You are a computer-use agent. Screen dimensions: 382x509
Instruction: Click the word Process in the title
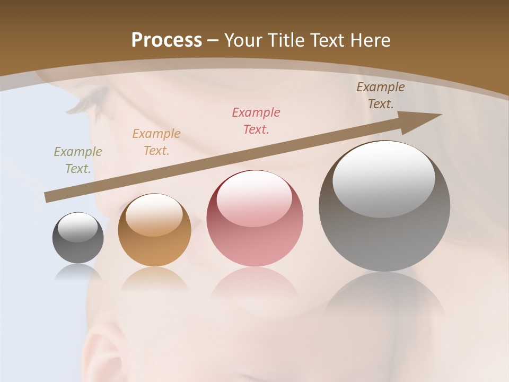click(x=166, y=40)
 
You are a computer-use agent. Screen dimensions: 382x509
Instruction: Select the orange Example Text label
click(x=156, y=142)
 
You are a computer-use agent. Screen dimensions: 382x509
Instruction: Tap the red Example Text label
click(x=256, y=121)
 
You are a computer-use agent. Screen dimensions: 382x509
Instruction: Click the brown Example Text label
click(x=381, y=95)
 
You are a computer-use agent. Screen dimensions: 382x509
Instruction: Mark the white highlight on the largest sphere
click(x=384, y=178)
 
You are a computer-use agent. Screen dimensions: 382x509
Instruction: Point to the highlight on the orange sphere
click(x=154, y=214)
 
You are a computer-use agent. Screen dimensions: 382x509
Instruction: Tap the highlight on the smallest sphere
click(x=78, y=227)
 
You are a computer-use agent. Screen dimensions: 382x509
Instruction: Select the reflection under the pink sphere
click(x=254, y=284)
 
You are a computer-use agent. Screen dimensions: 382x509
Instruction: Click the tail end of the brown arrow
click(x=49, y=197)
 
